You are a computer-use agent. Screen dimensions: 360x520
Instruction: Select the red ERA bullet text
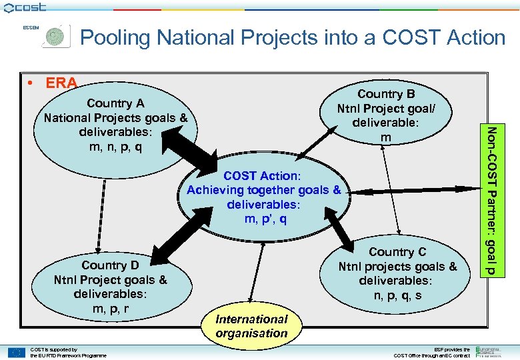point(61,83)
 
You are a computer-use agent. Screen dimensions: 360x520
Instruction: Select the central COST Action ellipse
point(264,197)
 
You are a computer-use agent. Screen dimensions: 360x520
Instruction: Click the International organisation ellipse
point(251,326)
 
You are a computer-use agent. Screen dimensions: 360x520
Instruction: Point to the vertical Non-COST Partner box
point(490,200)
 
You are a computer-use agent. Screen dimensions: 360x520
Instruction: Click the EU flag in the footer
point(16,351)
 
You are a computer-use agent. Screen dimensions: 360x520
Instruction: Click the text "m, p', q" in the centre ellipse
point(264,218)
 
